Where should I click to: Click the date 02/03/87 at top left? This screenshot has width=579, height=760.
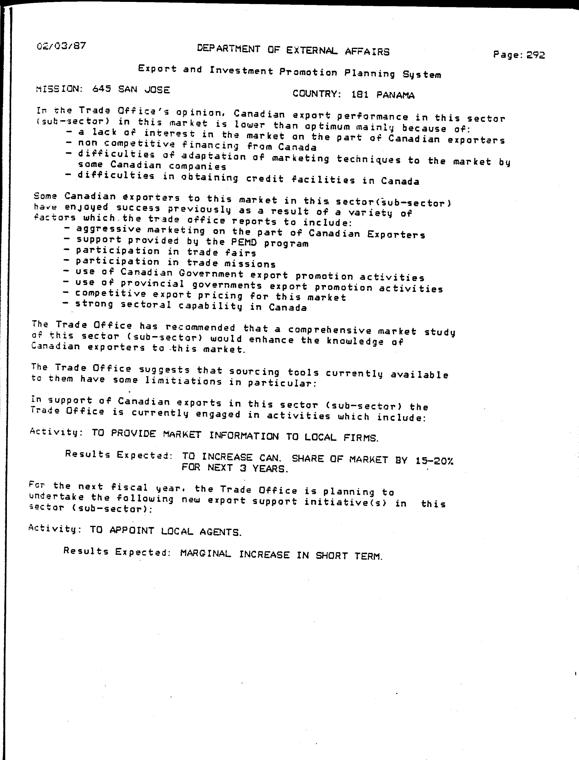[x=61, y=46]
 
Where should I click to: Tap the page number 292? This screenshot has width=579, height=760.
[x=536, y=55]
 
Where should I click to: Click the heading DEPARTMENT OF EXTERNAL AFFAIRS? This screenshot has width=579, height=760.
[x=293, y=50]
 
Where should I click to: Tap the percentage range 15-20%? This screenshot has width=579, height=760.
[x=434, y=461]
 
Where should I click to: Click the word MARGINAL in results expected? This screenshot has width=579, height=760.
[x=205, y=553]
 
